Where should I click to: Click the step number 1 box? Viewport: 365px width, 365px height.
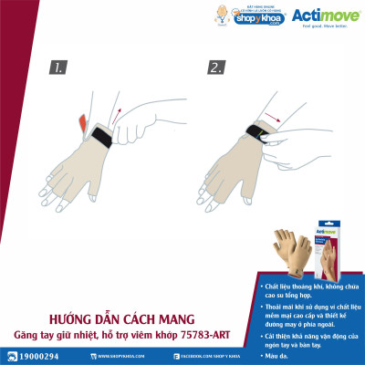(x=58, y=67)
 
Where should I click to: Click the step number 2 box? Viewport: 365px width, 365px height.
(x=216, y=67)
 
